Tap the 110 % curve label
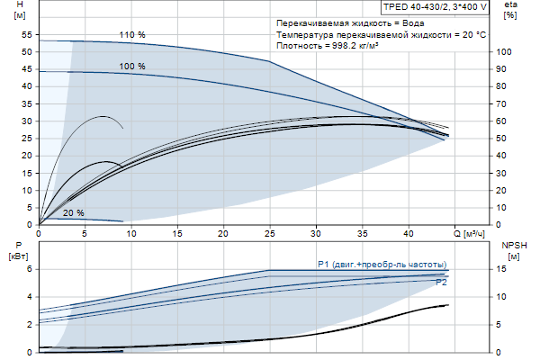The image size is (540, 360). coord(132,35)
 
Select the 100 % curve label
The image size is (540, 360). coord(132,67)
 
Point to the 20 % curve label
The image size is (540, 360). coord(74,213)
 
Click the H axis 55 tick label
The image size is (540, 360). coord(27,34)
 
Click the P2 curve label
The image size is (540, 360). coord(441,283)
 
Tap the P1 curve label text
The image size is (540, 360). coord(382,264)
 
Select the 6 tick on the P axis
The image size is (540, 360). coord(30,268)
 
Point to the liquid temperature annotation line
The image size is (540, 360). coord(382,33)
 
